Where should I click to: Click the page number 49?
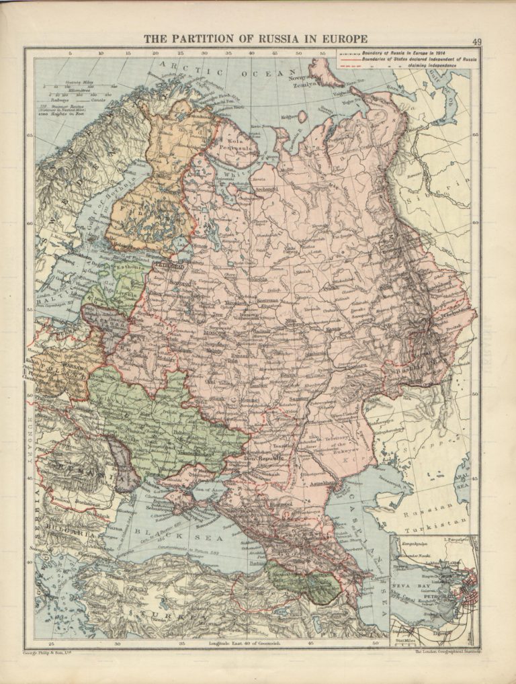pos(476,41)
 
